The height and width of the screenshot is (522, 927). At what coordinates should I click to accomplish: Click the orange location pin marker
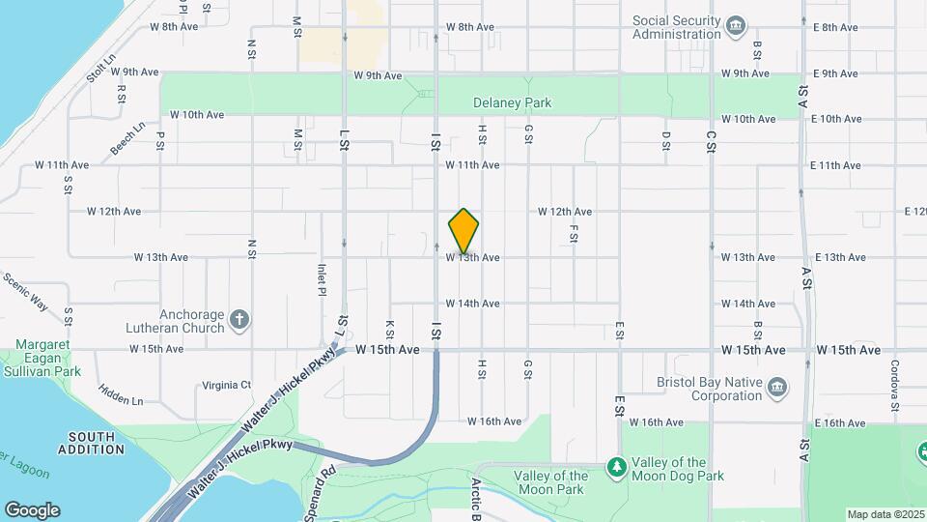click(x=463, y=231)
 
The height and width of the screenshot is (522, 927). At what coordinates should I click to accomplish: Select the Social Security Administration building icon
click(x=737, y=25)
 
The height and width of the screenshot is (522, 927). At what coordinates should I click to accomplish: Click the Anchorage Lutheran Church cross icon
click(x=240, y=317)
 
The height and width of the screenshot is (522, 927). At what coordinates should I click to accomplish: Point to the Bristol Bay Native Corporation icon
click(x=777, y=389)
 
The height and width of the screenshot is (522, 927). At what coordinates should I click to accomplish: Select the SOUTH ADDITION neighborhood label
click(x=92, y=443)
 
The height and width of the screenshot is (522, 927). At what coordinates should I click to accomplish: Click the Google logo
click(x=32, y=509)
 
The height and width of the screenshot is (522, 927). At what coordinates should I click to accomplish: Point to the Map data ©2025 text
click(x=885, y=514)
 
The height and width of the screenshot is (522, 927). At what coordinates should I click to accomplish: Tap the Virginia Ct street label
click(x=227, y=384)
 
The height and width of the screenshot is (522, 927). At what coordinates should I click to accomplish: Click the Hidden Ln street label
click(x=120, y=394)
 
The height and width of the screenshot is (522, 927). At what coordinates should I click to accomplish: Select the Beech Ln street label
click(x=127, y=137)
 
